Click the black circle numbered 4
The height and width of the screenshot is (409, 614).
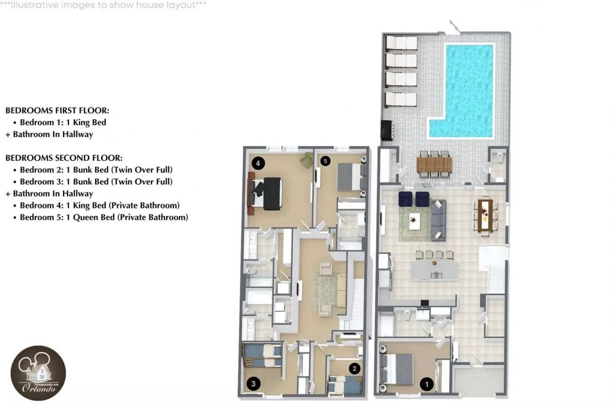(x=258, y=163)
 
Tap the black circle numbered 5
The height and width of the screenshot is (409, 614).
(x=325, y=161)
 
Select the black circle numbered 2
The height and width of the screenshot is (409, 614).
(x=354, y=369)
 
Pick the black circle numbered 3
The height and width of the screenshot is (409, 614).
(x=254, y=384)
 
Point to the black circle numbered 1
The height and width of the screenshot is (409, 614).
(x=427, y=384)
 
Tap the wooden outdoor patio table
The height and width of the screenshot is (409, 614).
(x=434, y=164)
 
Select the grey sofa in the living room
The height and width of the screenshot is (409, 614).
(x=438, y=220)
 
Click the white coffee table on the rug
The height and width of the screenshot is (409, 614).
(x=414, y=221)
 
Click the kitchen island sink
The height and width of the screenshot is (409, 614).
(x=436, y=275)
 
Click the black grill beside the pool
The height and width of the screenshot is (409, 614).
(x=387, y=130)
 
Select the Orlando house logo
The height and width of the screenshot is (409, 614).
(x=38, y=373)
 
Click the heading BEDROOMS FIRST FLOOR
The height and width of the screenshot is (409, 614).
(x=57, y=110)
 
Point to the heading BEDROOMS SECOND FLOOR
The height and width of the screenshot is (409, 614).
(x=64, y=158)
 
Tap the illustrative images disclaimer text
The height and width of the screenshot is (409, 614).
(x=103, y=5)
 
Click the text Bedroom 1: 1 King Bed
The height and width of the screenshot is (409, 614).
(x=63, y=123)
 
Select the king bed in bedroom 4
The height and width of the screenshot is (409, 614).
(x=265, y=193)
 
